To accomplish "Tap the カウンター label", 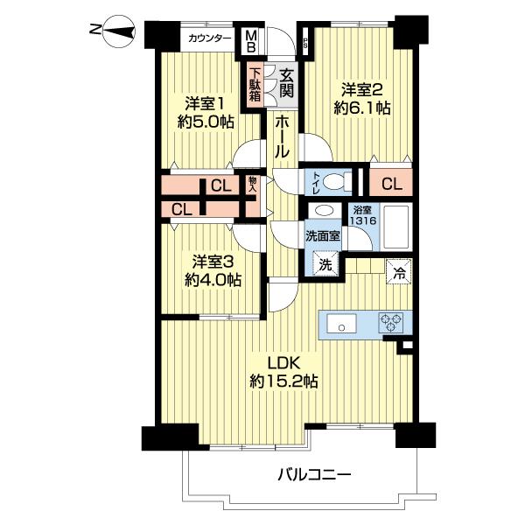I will tap(211, 38).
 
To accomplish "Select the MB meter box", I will tap(251, 40).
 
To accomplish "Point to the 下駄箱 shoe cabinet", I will tap(255, 84).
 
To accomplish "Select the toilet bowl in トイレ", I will tap(331, 182).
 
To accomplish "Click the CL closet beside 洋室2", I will tap(391, 184).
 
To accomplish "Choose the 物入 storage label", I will tap(252, 184).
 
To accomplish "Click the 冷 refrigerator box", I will tap(398, 270).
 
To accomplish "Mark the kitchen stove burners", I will tap(390, 323).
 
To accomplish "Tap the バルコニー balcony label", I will tap(315, 475).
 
